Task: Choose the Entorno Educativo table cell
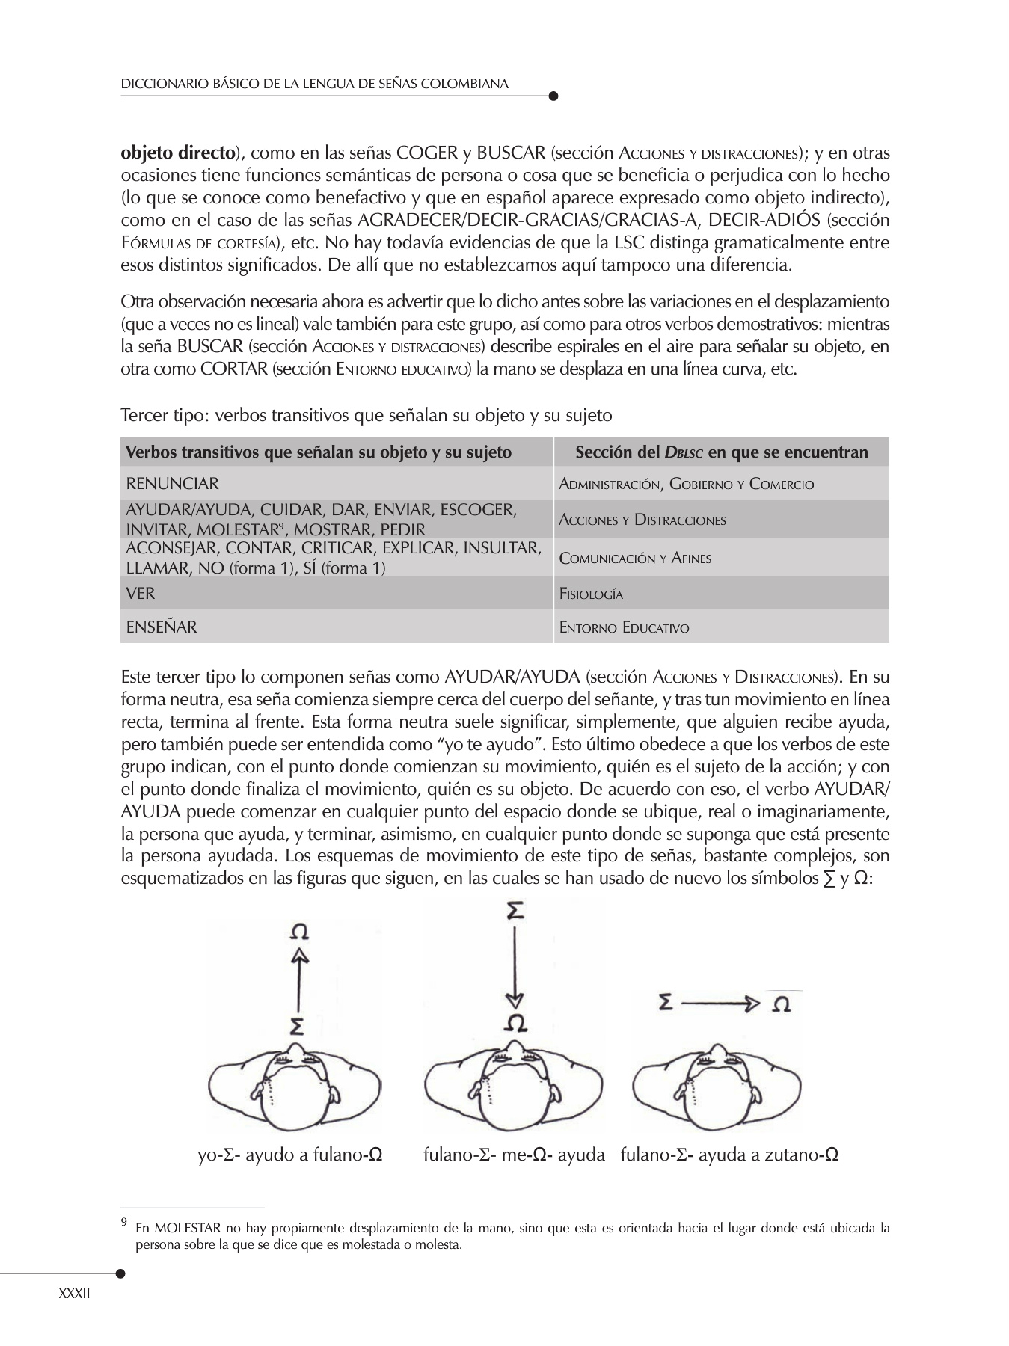click(x=721, y=627)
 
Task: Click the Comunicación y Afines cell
click(x=721, y=558)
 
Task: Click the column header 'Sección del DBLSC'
click(x=721, y=452)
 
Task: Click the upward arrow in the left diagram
click(x=299, y=979)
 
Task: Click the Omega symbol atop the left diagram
click(x=299, y=932)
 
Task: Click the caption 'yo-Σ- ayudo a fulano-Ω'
click(x=290, y=1155)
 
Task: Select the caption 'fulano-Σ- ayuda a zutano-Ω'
click(x=729, y=1155)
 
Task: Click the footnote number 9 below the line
click(x=124, y=1224)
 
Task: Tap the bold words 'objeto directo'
click(x=178, y=153)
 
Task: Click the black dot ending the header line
click(x=553, y=96)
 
